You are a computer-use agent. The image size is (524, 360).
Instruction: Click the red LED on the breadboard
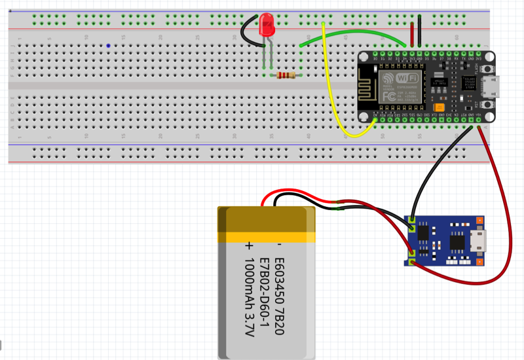click(x=267, y=26)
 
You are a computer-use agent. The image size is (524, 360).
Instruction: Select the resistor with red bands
click(x=286, y=76)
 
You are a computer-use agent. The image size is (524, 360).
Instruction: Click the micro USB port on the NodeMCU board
click(x=491, y=85)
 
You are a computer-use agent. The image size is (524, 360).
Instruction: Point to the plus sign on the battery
click(x=248, y=247)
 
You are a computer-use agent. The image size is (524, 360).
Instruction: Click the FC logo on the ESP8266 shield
click(x=388, y=96)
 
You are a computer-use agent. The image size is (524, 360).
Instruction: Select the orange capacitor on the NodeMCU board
click(x=440, y=107)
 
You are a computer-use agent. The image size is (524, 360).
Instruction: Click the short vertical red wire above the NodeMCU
click(x=412, y=33)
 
